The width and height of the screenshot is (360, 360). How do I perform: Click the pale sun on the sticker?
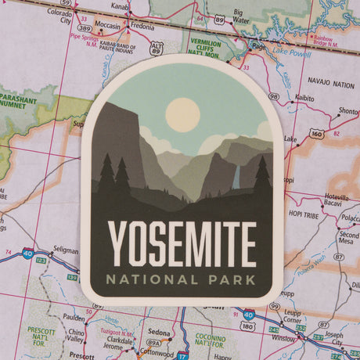tap(182, 114)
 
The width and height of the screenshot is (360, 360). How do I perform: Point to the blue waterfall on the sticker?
tap(236, 178)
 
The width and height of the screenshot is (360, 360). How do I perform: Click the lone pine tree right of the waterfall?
tap(261, 176)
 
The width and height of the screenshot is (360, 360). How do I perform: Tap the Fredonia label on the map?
tap(142, 26)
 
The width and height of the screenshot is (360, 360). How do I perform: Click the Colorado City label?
tap(59, 16)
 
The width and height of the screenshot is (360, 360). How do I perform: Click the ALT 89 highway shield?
tap(157, 49)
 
